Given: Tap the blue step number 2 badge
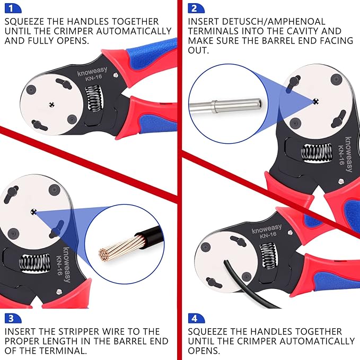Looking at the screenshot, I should tap(194, 8).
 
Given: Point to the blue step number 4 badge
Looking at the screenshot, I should tap(194, 318).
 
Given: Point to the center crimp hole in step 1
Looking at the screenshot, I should tap(51, 103).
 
